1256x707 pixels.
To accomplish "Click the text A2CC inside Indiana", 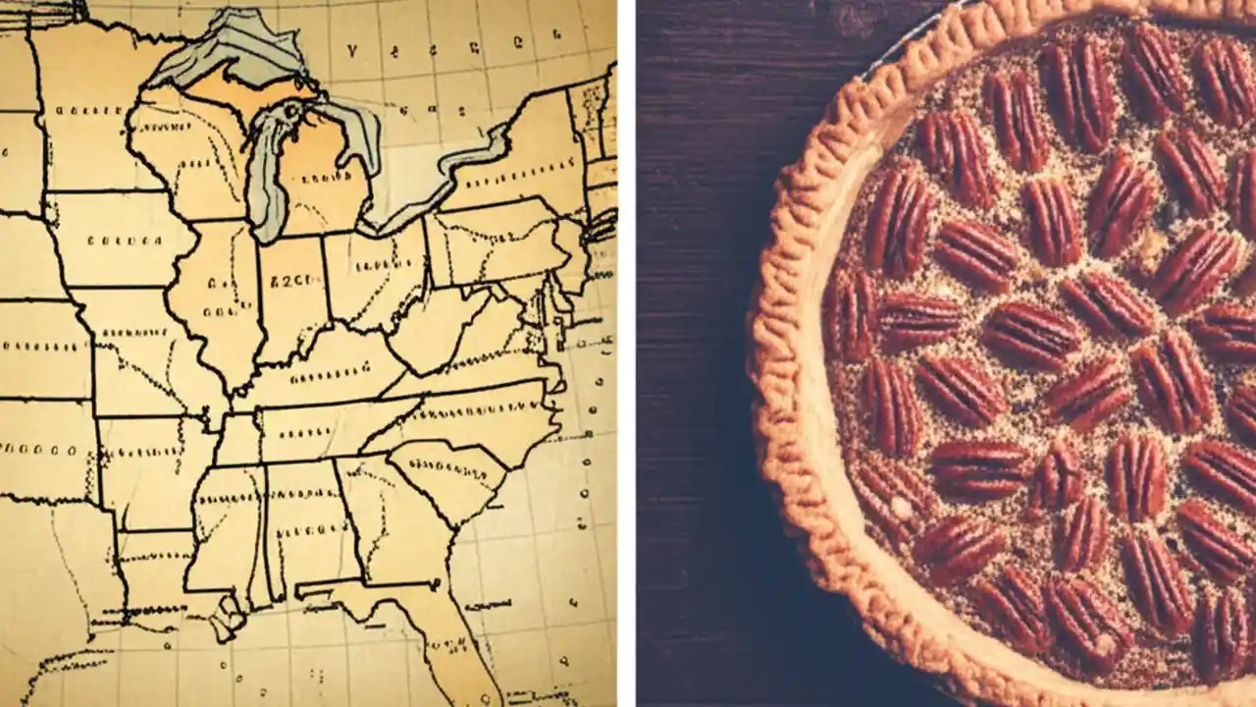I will [289, 278].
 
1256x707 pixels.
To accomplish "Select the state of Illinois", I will [216, 295].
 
